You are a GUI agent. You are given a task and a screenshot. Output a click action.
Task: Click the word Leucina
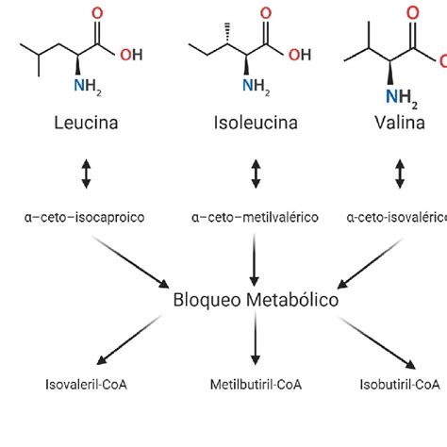click(87, 123)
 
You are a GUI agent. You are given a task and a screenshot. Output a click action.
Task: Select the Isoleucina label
click(255, 123)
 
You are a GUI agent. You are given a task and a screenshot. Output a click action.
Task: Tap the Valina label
click(400, 123)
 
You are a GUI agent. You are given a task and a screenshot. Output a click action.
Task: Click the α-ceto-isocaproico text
click(87, 217)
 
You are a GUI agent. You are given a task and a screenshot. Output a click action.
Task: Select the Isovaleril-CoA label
click(87, 385)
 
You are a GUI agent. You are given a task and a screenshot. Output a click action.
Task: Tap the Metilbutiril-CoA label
click(255, 385)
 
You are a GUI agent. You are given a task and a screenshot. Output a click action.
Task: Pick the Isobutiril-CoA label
click(400, 385)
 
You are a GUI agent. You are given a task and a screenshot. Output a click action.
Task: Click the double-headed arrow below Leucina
click(87, 174)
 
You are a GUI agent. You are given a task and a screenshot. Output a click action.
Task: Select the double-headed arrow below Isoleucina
click(255, 174)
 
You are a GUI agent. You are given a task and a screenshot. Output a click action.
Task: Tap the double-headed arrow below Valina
click(400, 174)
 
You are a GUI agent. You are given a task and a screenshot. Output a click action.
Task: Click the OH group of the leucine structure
click(131, 55)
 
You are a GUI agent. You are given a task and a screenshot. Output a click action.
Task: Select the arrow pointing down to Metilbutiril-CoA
click(255, 343)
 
